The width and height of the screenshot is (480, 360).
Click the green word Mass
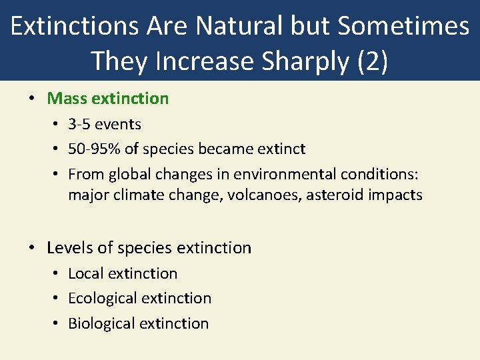[x=67, y=99]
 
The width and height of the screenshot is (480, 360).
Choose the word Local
[x=85, y=273]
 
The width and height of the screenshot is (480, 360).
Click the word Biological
[x=101, y=323]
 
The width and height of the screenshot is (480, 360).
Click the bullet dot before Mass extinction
[x=32, y=99]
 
